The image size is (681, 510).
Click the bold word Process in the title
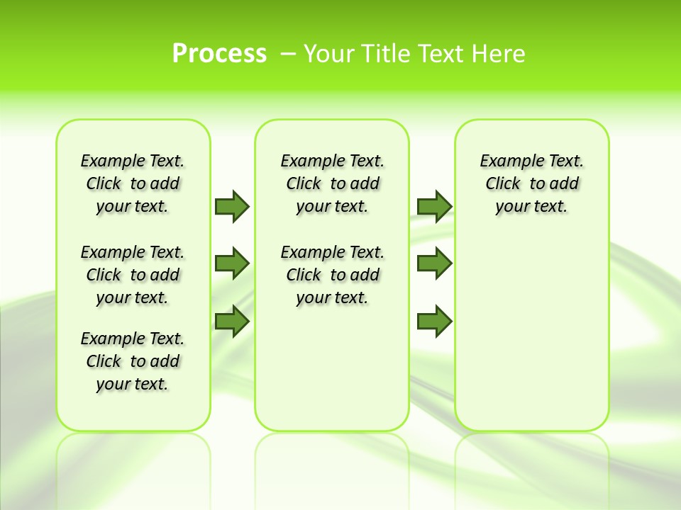[219, 54]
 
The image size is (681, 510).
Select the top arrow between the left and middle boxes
[232, 206]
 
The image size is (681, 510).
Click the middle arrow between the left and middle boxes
[232, 263]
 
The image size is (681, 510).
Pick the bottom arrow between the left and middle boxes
[232, 322]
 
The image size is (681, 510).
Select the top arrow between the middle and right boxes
[434, 206]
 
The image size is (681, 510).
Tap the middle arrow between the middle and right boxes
[434, 263]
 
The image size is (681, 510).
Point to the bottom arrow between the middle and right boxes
[434, 322]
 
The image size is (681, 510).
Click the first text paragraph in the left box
[133, 183]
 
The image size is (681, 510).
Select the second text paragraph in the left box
[133, 275]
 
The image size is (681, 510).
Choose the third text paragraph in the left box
[133, 361]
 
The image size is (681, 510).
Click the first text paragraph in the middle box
[332, 183]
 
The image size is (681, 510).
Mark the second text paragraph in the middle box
[332, 275]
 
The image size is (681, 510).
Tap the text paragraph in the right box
[531, 183]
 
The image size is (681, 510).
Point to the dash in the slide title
[288, 54]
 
